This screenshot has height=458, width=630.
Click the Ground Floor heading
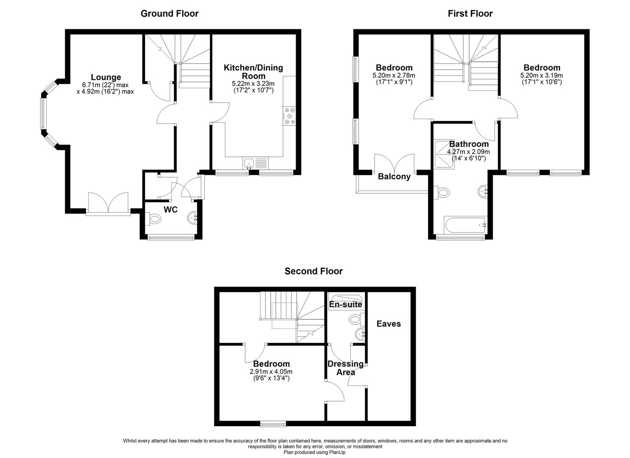[x=169, y=14]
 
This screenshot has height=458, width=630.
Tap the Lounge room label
[x=106, y=77]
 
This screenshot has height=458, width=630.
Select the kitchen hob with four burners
[x=289, y=116]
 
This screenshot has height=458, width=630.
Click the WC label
[x=171, y=209]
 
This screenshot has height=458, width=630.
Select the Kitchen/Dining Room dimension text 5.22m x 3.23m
[x=253, y=84]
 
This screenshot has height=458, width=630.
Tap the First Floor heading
[x=470, y=14]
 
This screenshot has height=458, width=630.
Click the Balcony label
[x=394, y=177]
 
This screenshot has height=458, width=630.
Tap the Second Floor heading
[x=314, y=271]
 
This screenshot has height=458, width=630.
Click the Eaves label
[x=389, y=324]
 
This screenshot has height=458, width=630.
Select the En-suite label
[x=346, y=304]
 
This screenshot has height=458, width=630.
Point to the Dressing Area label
[x=345, y=368]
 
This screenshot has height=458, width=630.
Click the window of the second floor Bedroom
[x=273, y=423]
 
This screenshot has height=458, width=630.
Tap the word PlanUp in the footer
[x=337, y=452]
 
